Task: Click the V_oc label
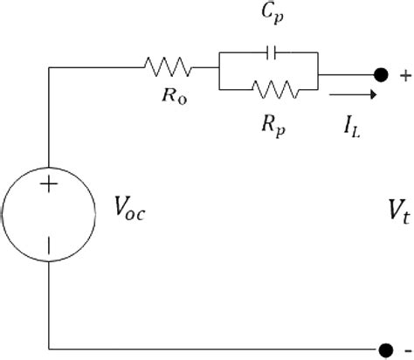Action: [x=130, y=207]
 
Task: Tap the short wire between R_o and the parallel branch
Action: [x=207, y=64]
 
